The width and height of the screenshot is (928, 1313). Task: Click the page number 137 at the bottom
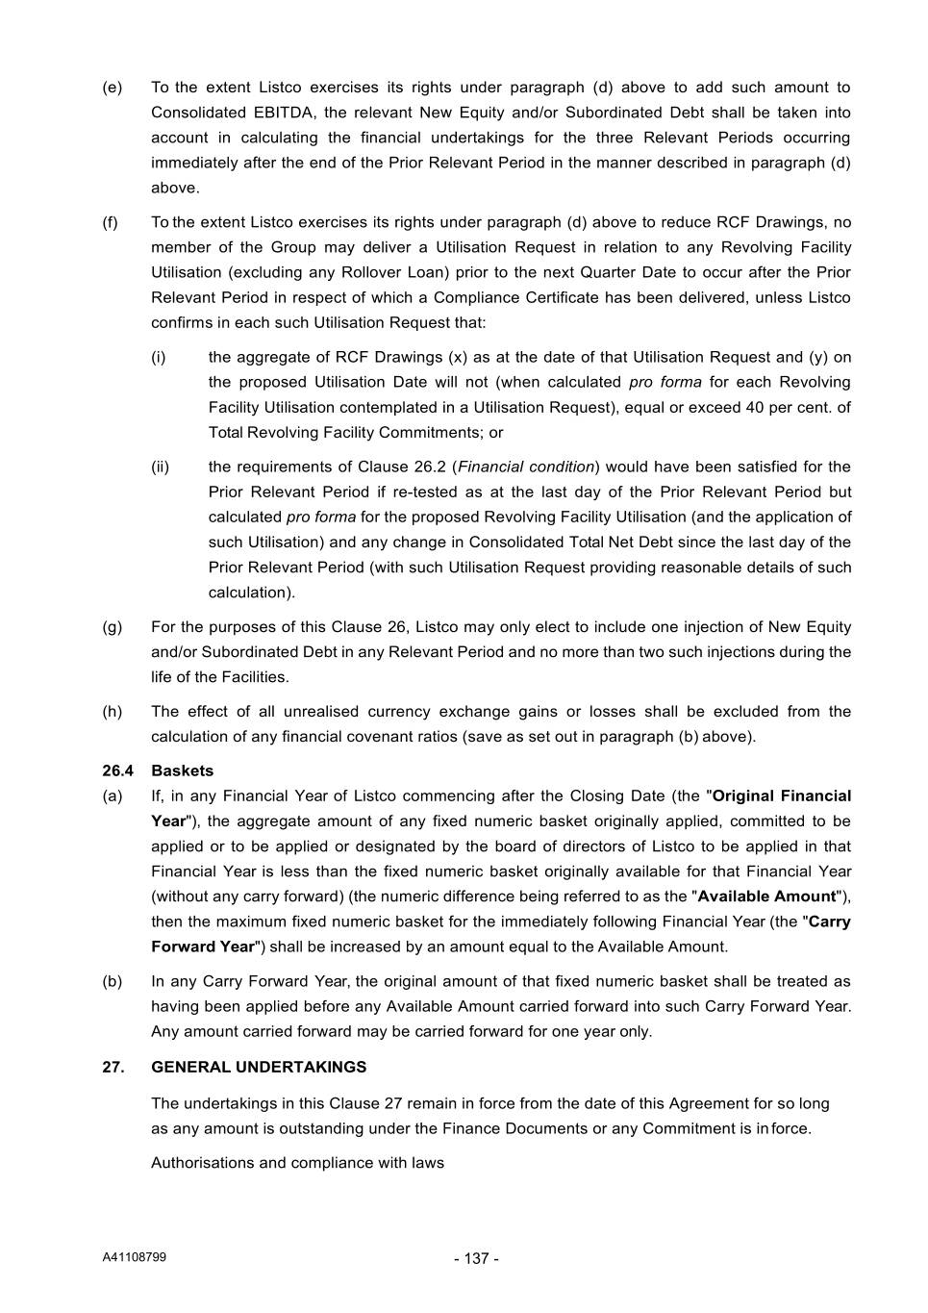tap(476, 1258)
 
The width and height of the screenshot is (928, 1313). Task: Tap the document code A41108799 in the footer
tap(135, 1256)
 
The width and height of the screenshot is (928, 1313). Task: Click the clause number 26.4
tap(117, 770)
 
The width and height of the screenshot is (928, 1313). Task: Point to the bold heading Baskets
tap(183, 770)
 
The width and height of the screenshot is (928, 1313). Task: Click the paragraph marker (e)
tap(113, 88)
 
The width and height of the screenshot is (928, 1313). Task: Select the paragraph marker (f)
tap(112, 222)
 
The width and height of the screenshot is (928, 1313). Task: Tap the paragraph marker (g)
tap(113, 627)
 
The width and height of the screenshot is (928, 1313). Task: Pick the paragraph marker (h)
tap(113, 712)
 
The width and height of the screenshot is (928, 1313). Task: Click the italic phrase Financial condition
tap(526, 467)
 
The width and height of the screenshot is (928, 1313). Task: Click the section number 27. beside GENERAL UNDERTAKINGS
tap(113, 1067)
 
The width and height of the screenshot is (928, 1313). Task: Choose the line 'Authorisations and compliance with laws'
tap(297, 1163)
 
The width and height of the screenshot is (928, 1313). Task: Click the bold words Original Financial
tap(782, 795)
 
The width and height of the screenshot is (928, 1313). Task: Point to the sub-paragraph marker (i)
tap(158, 357)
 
